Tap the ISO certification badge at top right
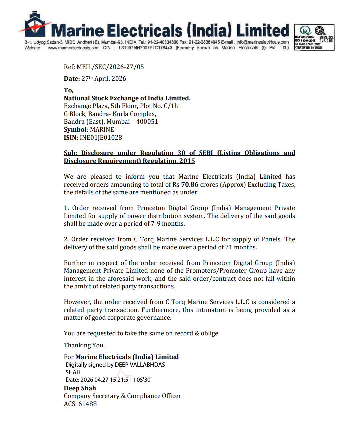click(x=314, y=37)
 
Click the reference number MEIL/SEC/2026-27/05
click(x=110, y=67)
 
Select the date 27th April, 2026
click(x=104, y=79)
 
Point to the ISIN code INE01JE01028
click(x=101, y=138)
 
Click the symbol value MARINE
click(x=102, y=130)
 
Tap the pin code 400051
click(x=147, y=122)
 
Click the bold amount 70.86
click(x=190, y=185)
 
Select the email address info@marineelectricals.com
click(x=263, y=42)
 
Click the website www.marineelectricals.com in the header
click(x=74, y=48)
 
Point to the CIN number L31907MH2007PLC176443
click(x=145, y=48)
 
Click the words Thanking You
click(x=84, y=345)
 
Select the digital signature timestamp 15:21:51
click(x=120, y=380)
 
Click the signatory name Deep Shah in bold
click(x=80, y=388)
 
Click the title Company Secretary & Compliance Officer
click(x=122, y=396)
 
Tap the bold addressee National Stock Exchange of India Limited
click(x=127, y=98)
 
